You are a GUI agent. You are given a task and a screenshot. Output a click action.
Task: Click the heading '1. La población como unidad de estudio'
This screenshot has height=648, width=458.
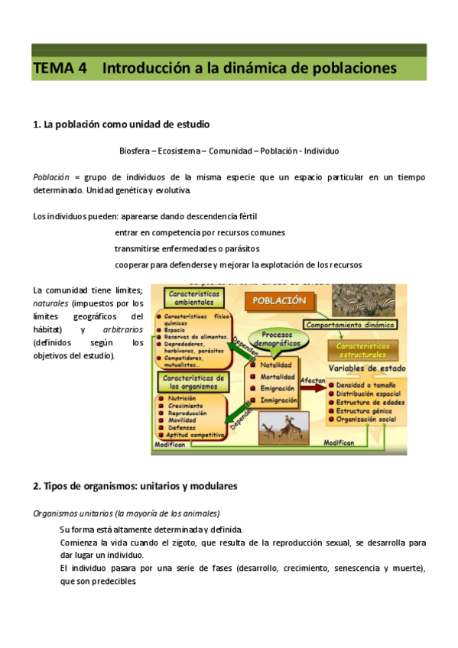(122, 124)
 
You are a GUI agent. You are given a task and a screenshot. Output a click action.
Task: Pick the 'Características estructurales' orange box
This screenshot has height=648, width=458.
(369, 350)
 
